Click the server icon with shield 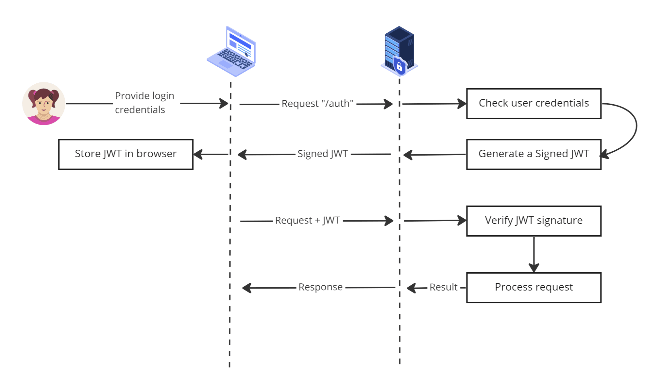[x=399, y=51]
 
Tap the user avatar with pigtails [x=44, y=104]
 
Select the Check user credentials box [x=534, y=103]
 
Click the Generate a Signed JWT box [x=534, y=154]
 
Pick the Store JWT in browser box [x=126, y=154]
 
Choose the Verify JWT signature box [x=534, y=221]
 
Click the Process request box [x=534, y=287]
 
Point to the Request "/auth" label [x=317, y=104]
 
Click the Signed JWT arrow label [x=323, y=154]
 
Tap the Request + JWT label [x=308, y=221]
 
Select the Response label [x=320, y=287]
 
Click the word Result [x=443, y=287]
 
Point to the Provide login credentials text [x=144, y=103]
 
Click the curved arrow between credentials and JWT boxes [x=636, y=127]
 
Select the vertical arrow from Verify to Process [x=534, y=253]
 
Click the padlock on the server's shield [x=399, y=67]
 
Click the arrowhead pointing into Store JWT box [x=198, y=154]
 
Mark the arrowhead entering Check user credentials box [x=462, y=104]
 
